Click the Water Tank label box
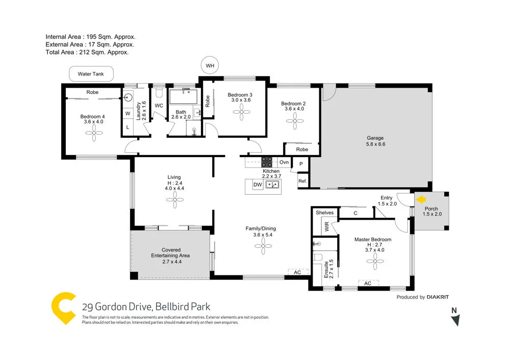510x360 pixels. point(91,74)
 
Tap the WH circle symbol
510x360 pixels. point(210,66)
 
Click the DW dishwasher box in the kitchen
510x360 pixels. point(258,185)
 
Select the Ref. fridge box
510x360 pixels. point(302,181)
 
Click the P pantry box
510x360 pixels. point(301,164)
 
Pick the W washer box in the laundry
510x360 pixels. point(127,113)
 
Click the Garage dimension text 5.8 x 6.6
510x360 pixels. point(375,145)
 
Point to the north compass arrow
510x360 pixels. point(456,320)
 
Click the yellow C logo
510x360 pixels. point(64,308)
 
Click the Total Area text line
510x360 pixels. point(87,52)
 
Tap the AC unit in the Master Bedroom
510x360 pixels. point(367,284)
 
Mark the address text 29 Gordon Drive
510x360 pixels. point(115,307)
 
